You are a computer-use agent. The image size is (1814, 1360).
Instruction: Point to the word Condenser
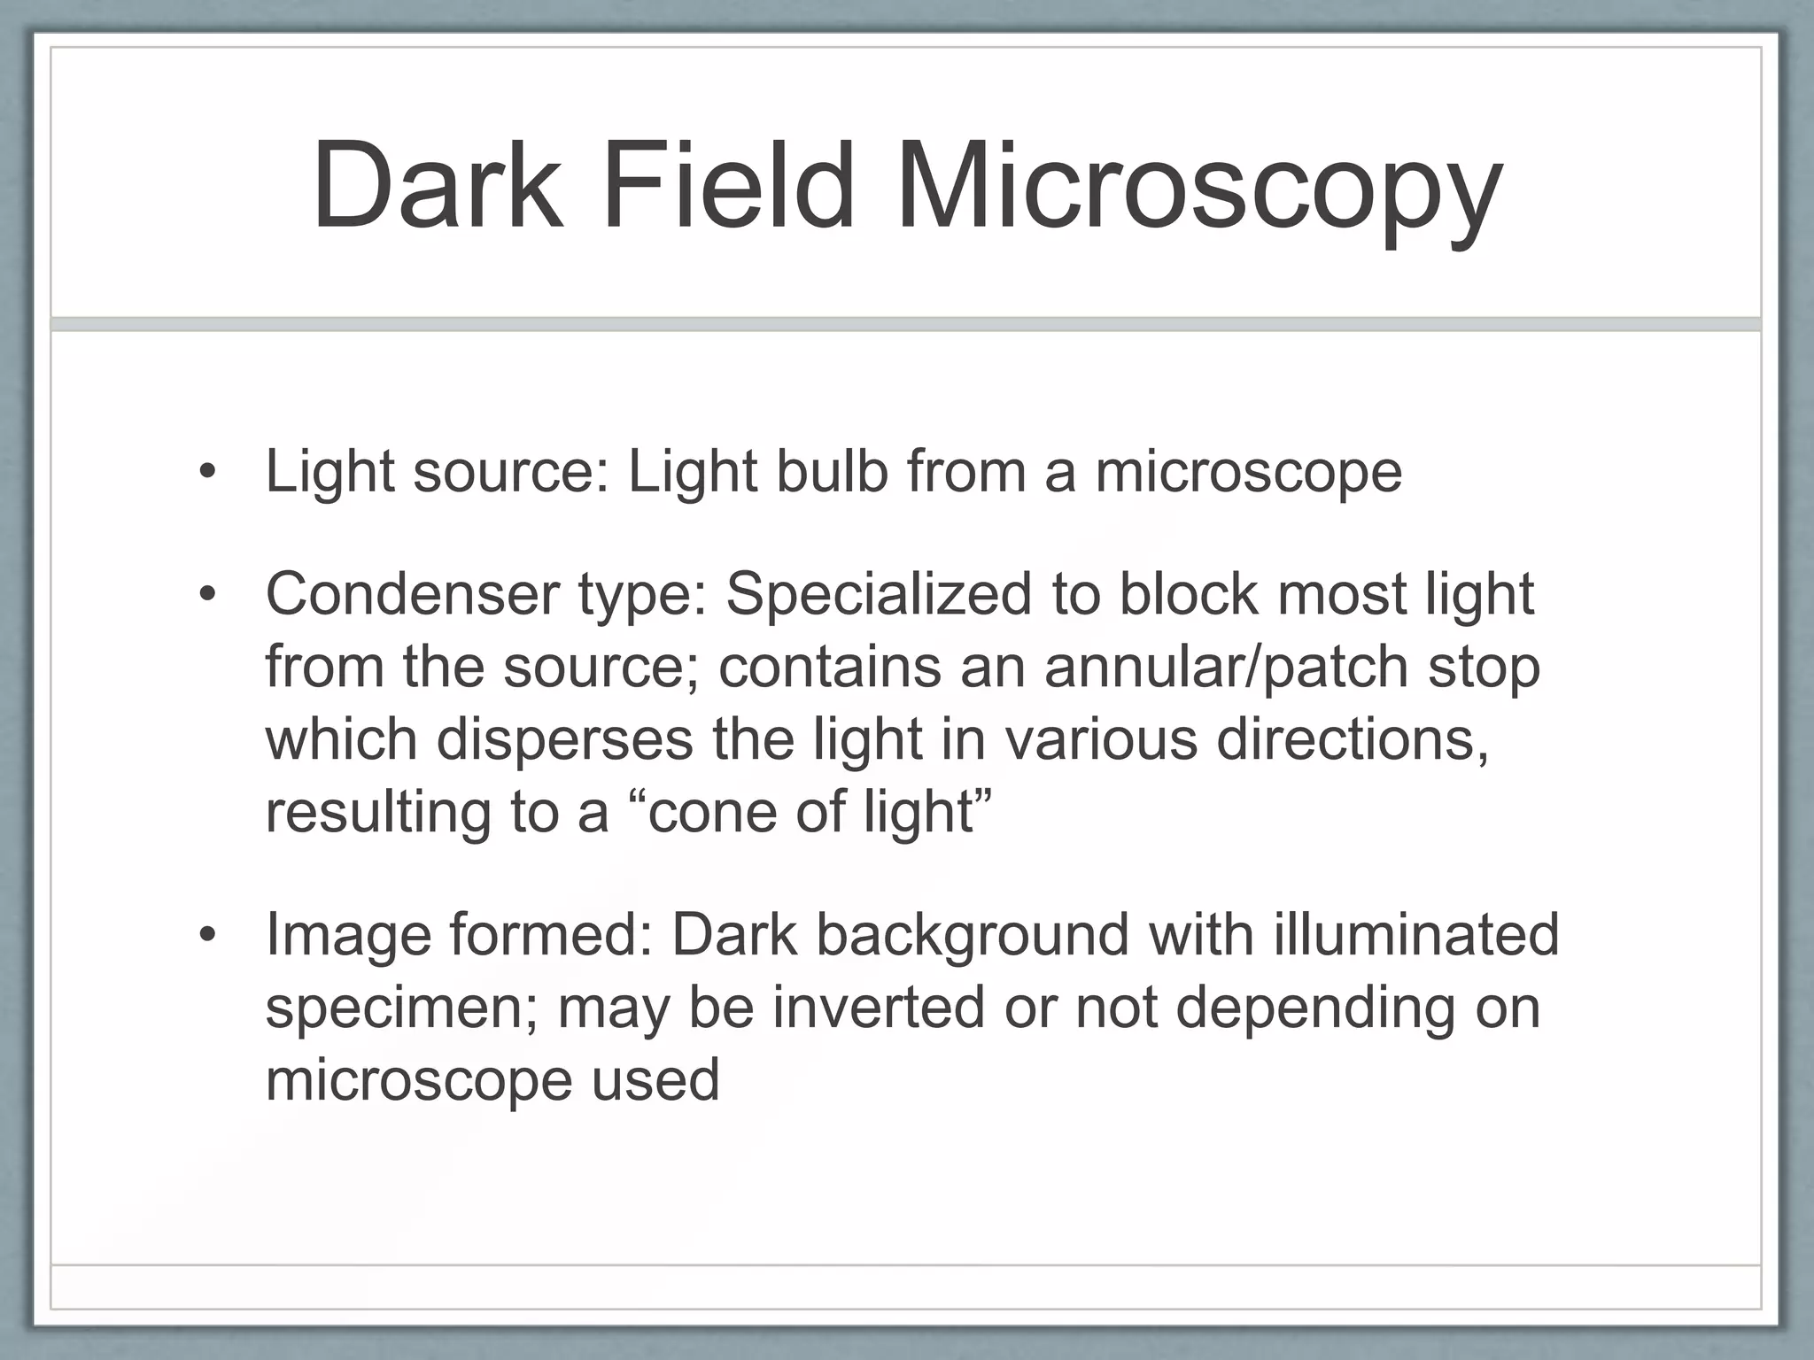tap(412, 593)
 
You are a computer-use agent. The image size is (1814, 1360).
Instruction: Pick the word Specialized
tap(879, 595)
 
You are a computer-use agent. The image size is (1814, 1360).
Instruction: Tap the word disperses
tap(564, 739)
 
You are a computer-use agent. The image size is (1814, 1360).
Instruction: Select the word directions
tap(1353, 739)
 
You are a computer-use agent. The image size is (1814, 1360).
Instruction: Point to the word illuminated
tap(1415, 935)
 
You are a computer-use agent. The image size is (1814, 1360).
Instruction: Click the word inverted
tap(879, 1008)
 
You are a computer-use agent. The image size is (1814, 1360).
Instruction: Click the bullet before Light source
tap(207, 472)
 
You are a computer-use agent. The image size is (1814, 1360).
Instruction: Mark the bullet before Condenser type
tap(207, 595)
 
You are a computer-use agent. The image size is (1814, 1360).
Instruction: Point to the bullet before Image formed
tap(207, 936)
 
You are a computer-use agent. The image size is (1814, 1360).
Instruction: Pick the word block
tap(1189, 593)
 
